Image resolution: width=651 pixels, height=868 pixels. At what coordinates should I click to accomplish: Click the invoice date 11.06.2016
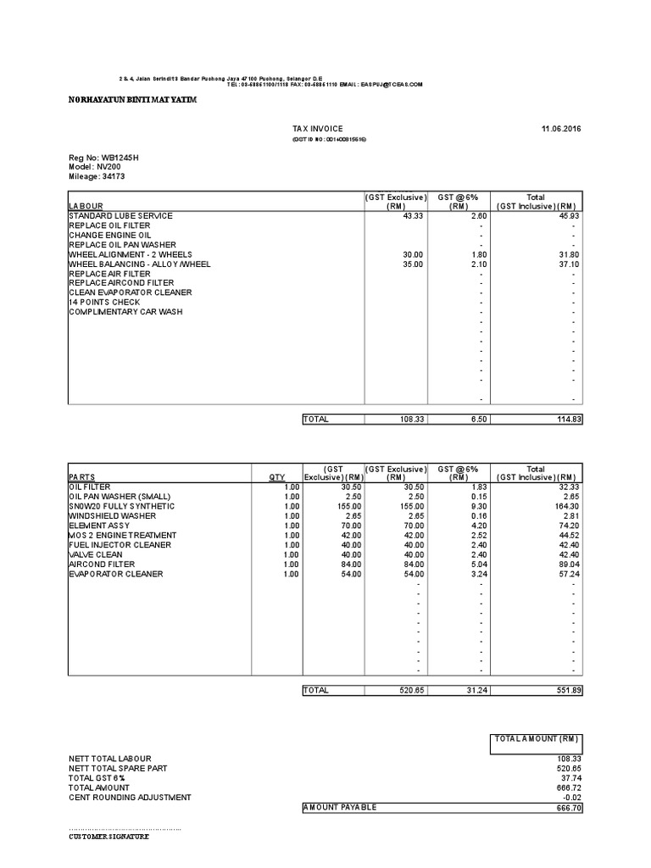point(561,128)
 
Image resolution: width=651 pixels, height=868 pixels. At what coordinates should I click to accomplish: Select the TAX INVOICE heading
point(318,128)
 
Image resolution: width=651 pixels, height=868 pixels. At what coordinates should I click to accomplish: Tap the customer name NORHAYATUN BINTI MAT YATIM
point(132,100)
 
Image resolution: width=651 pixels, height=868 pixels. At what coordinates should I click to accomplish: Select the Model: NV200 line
point(90,167)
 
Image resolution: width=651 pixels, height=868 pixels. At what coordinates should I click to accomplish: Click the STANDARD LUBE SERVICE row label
point(120,216)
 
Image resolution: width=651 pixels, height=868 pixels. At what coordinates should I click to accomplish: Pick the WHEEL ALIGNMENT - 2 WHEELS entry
point(130,254)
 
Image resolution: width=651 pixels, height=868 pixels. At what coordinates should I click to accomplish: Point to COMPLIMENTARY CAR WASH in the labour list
point(126,312)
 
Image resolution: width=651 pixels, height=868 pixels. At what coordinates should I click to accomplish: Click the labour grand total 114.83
point(566,420)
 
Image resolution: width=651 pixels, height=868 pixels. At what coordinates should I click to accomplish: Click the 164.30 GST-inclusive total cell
point(566,506)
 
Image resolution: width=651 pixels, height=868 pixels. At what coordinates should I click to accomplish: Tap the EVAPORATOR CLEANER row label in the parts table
point(116,574)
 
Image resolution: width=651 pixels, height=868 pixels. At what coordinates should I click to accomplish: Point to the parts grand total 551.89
point(566,691)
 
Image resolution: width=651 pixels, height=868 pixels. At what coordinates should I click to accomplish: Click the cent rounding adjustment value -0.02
point(570,798)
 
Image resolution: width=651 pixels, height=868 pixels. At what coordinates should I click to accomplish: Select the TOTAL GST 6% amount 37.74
point(568,778)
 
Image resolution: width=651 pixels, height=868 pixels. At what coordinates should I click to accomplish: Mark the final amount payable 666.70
point(566,808)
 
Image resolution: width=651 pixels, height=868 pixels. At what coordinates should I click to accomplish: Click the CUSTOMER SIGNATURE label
point(108,837)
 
